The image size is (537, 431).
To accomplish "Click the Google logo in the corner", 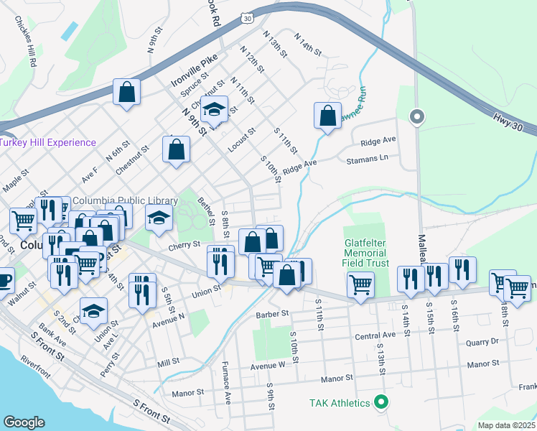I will pyautogui.click(x=24, y=422).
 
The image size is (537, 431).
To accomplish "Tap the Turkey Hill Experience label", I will pyautogui.click(x=48, y=142).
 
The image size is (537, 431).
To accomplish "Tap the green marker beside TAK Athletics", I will pyautogui.click(x=382, y=403).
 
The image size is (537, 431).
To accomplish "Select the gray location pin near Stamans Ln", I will pyautogui.click(x=416, y=116).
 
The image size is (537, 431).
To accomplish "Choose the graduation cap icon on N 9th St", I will pyautogui.click(x=213, y=110).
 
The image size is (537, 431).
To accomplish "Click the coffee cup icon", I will pyautogui.click(x=4, y=279).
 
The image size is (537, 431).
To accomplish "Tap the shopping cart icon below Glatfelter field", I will pyautogui.click(x=360, y=284).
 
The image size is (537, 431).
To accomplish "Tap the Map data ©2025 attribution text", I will pyautogui.click(x=507, y=425).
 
